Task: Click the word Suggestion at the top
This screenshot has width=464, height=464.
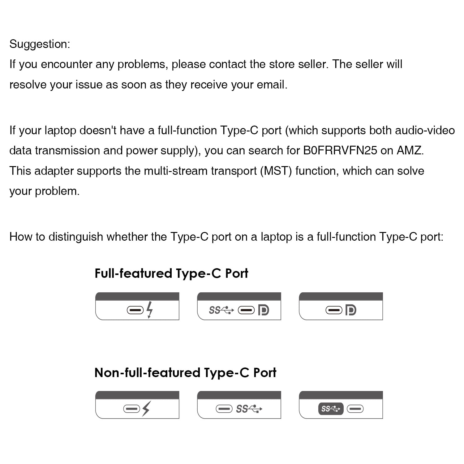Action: coord(40,44)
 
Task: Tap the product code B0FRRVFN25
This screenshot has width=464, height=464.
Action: coord(340,150)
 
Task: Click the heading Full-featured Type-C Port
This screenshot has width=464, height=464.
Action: coord(171,273)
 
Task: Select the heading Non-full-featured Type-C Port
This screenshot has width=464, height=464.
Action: coord(185,373)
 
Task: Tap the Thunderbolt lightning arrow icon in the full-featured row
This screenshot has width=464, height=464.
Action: coord(150,309)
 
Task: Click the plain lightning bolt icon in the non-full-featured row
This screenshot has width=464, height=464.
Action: coord(146,409)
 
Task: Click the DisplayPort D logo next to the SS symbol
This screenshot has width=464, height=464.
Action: coord(263,310)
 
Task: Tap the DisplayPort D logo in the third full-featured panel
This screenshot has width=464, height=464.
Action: coord(350,310)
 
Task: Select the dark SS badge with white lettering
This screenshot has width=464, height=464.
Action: coord(330,409)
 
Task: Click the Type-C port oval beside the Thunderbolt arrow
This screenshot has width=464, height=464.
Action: coord(135,310)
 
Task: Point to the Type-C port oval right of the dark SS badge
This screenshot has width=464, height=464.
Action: coord(355,409)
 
